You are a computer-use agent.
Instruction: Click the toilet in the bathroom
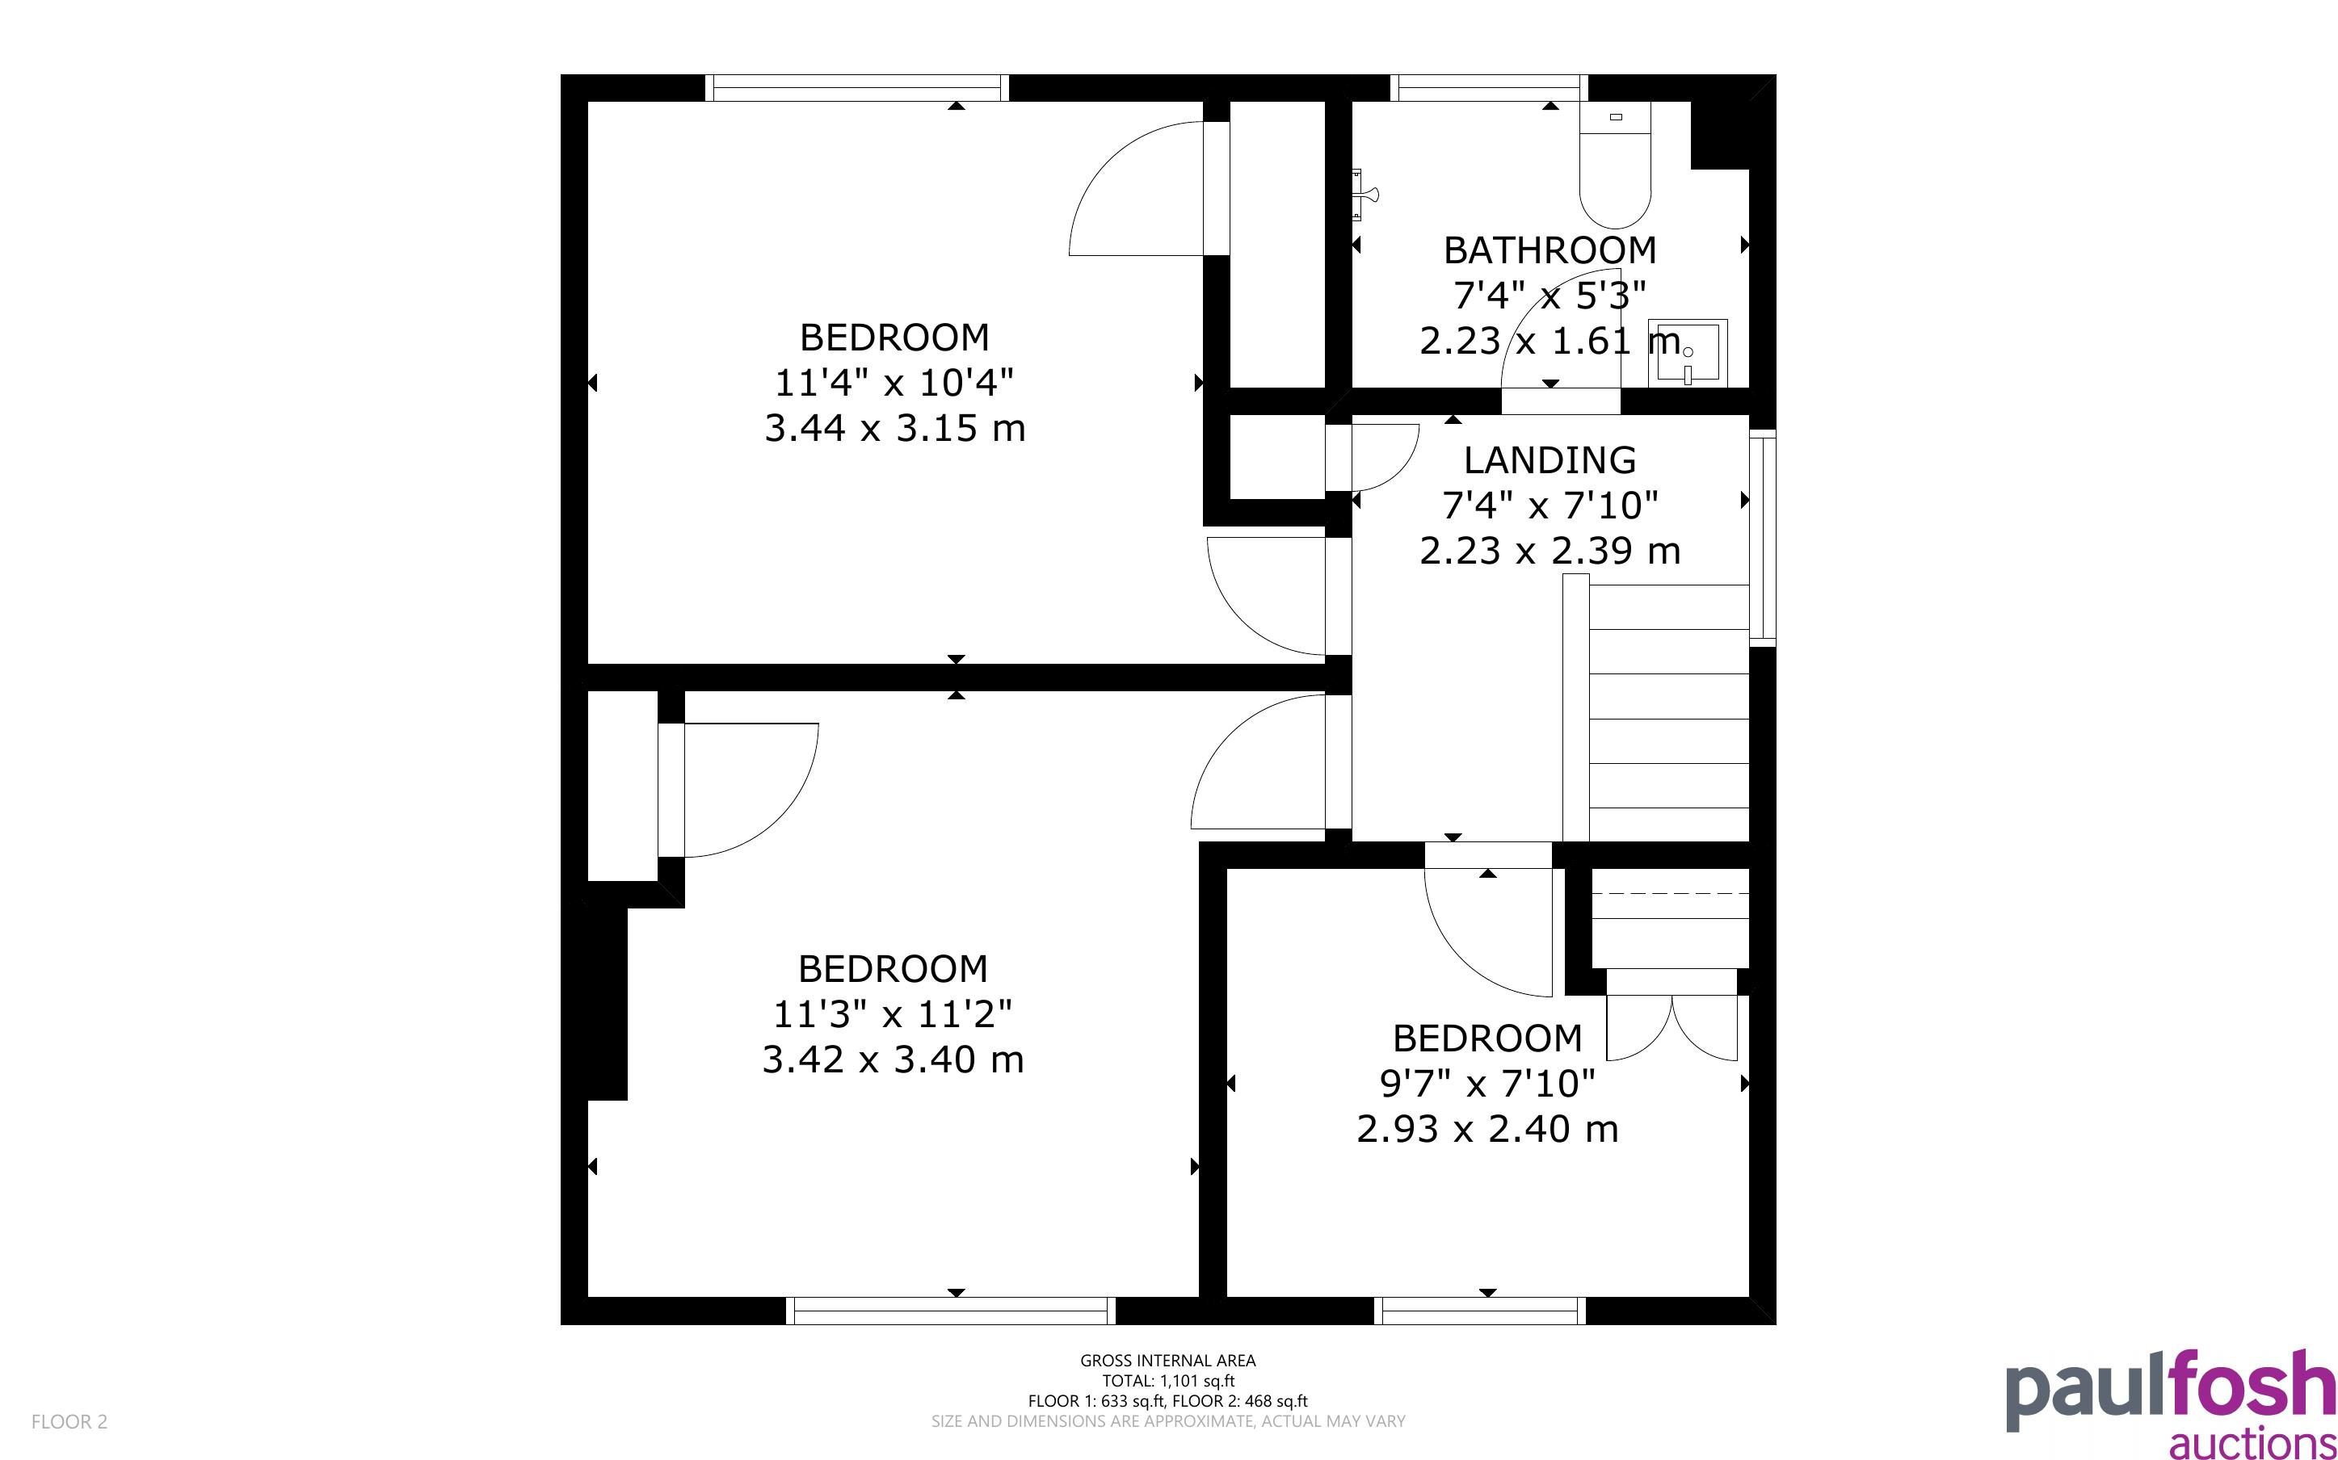pos(1615,164)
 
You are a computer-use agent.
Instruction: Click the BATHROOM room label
pos(1550,250)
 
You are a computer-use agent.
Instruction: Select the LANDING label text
pos(1550,459)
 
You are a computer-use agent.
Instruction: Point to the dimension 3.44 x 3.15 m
pos(894,428)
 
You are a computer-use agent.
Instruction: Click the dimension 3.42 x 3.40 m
pos(893,1059)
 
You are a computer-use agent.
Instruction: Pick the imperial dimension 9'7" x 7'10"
pos(1487,1084)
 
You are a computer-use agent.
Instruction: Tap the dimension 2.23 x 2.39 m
pos(1550,551)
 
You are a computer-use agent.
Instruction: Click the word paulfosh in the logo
pos(2171,1391)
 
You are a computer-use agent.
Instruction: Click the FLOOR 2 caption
pos(69,1421)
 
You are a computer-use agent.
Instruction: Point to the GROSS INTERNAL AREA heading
pos(1167,1361)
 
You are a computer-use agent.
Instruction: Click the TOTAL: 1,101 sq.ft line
pos(1167,1381)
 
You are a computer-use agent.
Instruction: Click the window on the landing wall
pos(1763,537)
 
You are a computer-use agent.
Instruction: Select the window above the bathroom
pos(1489,88)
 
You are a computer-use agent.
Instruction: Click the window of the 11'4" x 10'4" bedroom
pos(856,88)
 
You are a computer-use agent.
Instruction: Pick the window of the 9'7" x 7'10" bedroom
pos(1479,1311)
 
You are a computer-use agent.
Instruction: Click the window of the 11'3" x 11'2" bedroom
pos(950,1311)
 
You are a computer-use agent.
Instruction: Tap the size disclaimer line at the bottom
pos(1167,1421)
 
